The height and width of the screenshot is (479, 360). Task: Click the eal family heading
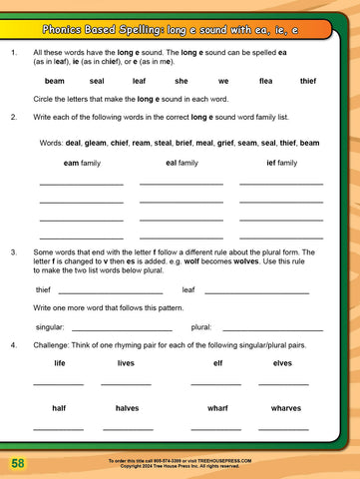point(180,163)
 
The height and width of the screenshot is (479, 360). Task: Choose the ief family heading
point(281,163)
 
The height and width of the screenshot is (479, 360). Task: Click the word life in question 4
point(60,363)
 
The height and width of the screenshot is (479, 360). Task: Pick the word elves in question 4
point(282,363)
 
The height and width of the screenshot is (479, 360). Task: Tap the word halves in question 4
point(127,408)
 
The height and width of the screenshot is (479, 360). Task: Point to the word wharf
point(217,408)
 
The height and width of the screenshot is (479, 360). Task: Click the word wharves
point(285,408)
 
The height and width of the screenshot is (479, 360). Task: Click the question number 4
point(12,345)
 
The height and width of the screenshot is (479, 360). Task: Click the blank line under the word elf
point(216,384)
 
